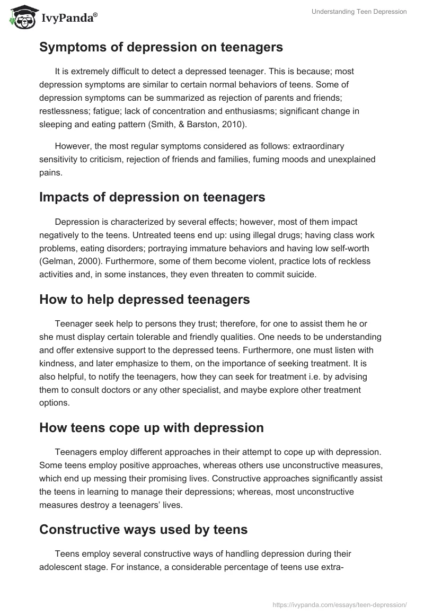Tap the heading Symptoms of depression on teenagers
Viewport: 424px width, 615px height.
coord(161,47)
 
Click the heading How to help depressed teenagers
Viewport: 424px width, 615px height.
coord(144,299)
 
